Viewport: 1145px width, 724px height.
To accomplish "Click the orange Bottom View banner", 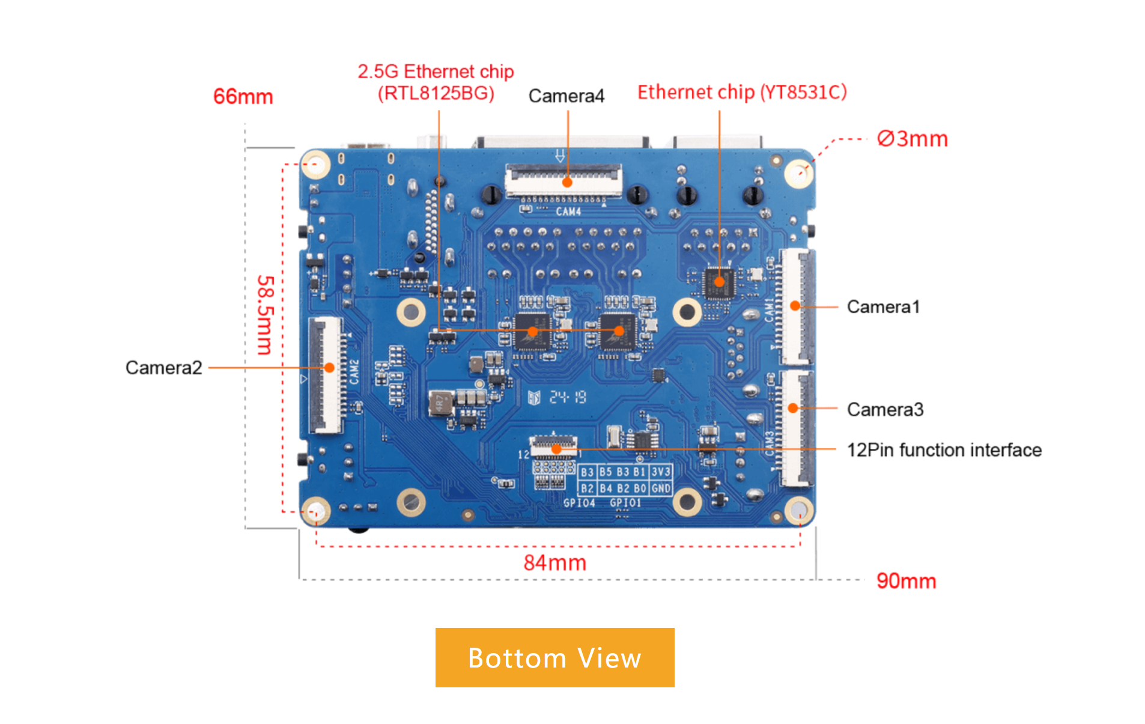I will [x=554, y=657].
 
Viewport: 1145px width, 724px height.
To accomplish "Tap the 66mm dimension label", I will [x=243, y=96].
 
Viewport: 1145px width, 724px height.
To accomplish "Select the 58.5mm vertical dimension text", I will [x=265, y=315].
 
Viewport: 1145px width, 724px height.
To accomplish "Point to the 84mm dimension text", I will [x=554, y=563].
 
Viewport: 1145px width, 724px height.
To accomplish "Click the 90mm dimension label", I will [x=906, y=581].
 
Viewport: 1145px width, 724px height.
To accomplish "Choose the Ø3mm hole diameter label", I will [x=912, y=139].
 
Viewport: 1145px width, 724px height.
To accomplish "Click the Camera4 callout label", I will [x=566, y=96].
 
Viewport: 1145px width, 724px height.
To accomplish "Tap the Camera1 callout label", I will [x=883, y=306].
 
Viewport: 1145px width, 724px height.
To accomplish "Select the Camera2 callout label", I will [x=163, y=367].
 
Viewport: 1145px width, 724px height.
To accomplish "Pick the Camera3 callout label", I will [x=885, y=409].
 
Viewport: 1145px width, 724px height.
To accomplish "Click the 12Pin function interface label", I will [x=944, y=449].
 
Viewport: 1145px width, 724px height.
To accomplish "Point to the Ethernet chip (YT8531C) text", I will [x=742, y=92].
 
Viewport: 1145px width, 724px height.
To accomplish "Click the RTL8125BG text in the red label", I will [x=436, y=93].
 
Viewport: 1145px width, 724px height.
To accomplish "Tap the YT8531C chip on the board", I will [x=719, y=282].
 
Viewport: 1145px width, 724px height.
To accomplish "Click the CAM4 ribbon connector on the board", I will [x=563, y=181].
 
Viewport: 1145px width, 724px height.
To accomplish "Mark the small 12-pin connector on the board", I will [x=553, y=445].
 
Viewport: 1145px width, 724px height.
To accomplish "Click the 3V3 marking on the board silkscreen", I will [x=661, y=472].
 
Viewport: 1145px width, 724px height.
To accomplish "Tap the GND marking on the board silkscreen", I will [x=661, y=488].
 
